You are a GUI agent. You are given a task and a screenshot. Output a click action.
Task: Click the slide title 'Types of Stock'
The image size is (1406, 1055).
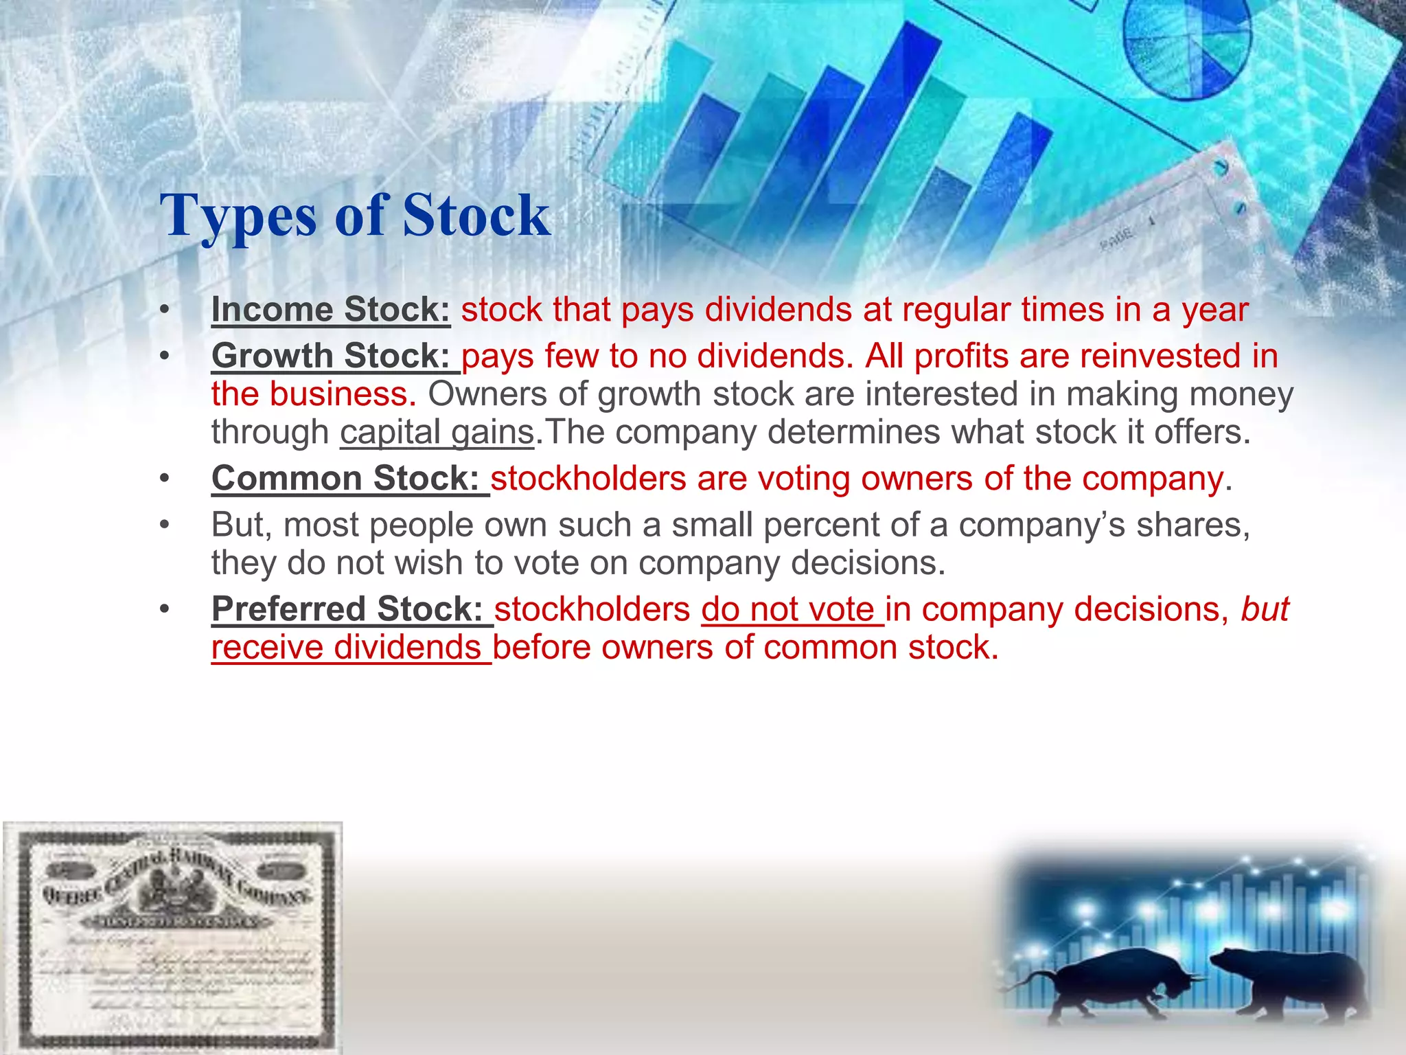tap(355, 215)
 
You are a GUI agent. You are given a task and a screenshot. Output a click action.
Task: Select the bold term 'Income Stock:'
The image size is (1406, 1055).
tap(330, 310)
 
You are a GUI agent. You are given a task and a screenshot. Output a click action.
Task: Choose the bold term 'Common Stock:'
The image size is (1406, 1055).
tap(345, 478)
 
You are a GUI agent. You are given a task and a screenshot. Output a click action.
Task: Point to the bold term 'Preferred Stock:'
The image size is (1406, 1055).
tap(348, 609)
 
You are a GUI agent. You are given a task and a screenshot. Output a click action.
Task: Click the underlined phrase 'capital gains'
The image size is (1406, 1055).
tap(437, 433)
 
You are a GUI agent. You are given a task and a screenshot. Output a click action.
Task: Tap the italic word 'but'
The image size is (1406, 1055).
tap(1265, 609)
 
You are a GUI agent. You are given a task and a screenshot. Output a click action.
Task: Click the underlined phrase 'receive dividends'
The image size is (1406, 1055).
tap(346, 648)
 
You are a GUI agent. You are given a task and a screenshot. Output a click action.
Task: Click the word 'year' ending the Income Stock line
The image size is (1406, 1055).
tap(1214, 310)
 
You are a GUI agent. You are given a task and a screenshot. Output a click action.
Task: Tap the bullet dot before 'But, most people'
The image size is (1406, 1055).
tap(164, 525)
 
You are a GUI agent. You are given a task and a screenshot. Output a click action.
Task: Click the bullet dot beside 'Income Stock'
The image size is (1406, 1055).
tap(164, 310)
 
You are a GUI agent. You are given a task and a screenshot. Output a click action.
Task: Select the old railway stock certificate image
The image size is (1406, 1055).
tap(172, 938)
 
